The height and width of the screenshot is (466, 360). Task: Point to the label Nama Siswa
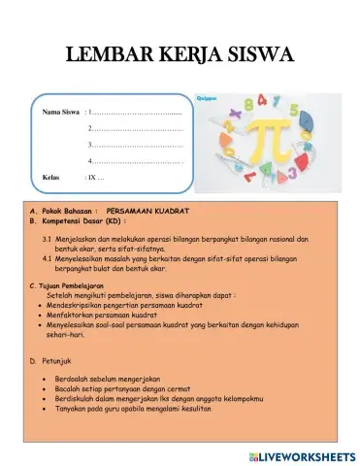point(59,113)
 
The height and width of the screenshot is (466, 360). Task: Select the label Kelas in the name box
point(51,178)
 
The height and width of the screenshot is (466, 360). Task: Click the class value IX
point(94,178)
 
